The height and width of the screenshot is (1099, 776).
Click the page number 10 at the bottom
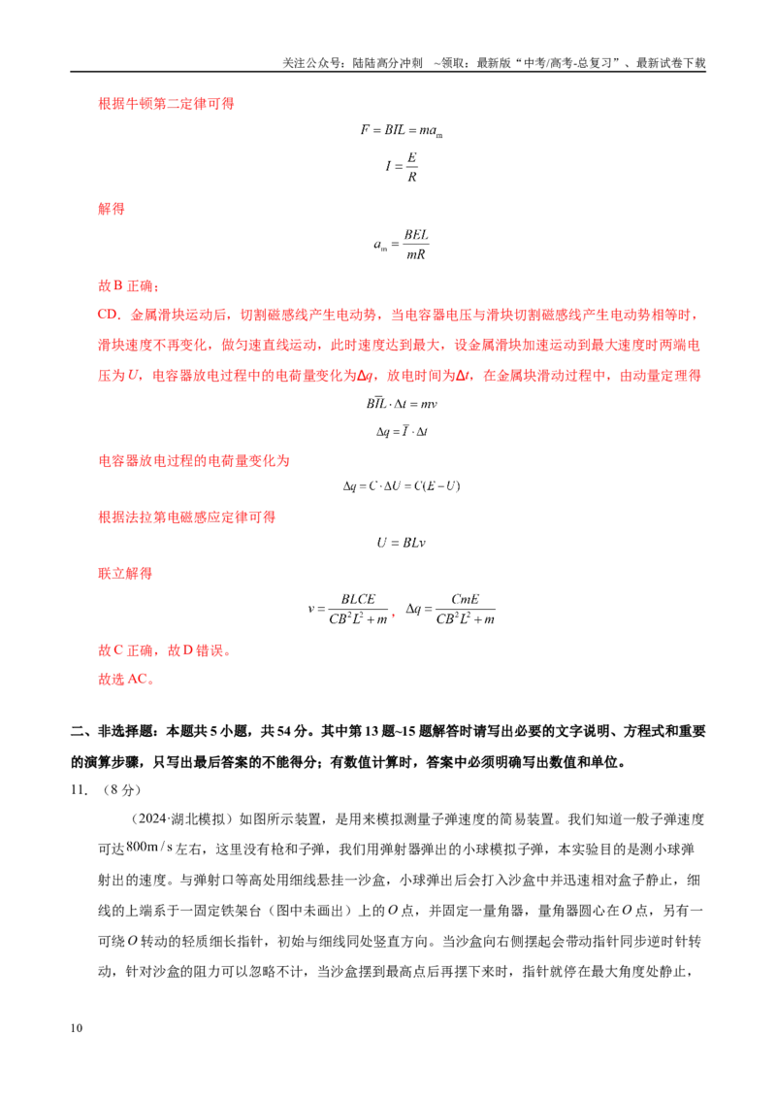point(77,1027)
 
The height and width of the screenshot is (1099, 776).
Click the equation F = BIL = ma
point(402,130)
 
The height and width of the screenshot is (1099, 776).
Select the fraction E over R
point(412,167)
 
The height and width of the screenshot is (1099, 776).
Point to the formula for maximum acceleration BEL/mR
point(402,244)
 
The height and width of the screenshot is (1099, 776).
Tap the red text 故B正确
point(128,286)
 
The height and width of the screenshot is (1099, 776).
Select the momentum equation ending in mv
point(402,403)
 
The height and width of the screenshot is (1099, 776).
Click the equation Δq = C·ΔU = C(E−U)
point(402,485)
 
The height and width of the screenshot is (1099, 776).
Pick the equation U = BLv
point(402,543)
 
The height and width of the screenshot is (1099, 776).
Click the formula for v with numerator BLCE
point(348,609)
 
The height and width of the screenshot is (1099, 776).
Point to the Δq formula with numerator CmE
point(450,609)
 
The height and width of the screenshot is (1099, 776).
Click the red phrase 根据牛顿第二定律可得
point(166,104)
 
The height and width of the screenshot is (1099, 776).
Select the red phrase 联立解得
point(125,574)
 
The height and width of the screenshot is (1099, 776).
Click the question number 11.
point(80,790)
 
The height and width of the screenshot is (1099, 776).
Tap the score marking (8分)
point(122,790)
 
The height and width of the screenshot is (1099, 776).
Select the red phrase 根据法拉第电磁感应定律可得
point(186,517)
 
